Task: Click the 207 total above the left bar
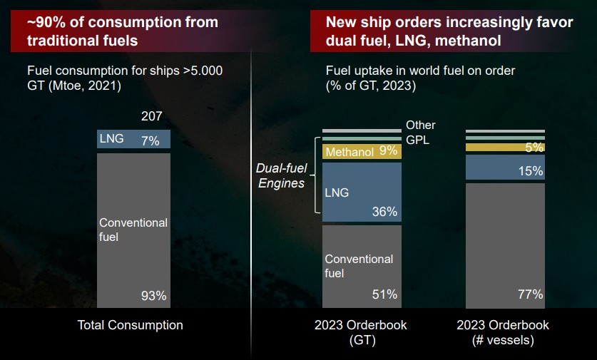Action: click(x=151, y=115)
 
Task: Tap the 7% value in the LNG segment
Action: click(x=150, y=140)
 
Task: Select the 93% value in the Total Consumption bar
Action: click(x=153, y=295)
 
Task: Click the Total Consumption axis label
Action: click(x=130, y=325)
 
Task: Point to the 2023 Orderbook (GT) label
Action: click(x=360, y=332)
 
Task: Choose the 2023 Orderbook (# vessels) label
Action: click(x=503, y=332)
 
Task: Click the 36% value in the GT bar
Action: click(x=384, y=212)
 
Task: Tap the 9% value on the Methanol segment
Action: click(x=389, y=150)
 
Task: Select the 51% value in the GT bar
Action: click(x=384, y=294)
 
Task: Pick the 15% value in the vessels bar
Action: click(x=531, y=171)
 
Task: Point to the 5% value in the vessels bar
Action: click(x=534, y=148)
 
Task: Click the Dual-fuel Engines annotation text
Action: click(x=280, y=176)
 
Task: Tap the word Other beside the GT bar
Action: click(x=420, y=125)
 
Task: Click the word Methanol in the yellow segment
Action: click(x=349, y=151)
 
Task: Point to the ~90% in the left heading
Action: click(x=45, y=23)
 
